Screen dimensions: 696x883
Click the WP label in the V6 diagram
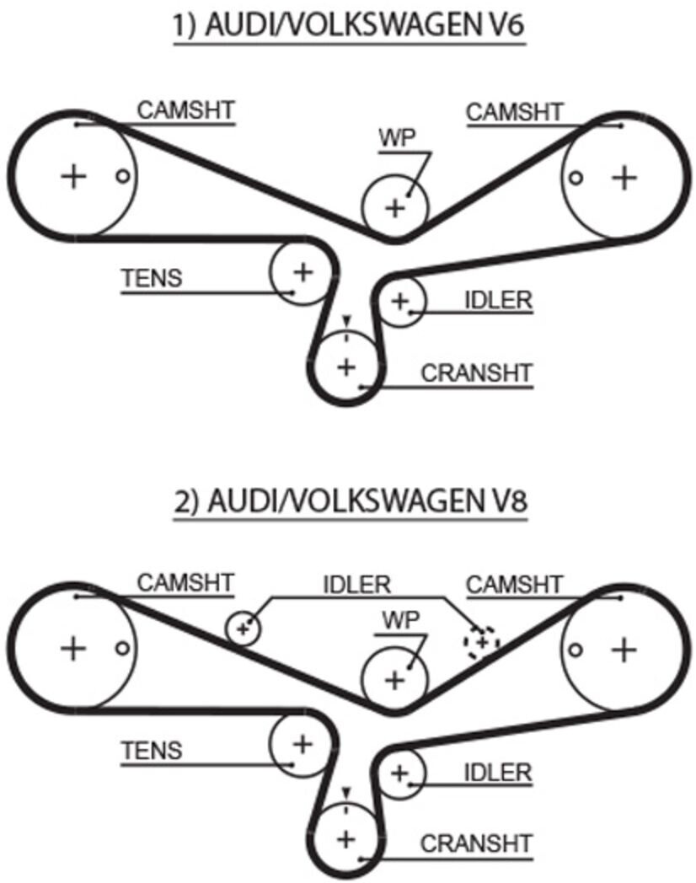(x=397, y=138)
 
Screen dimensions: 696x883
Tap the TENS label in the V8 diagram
(x=152, y=751)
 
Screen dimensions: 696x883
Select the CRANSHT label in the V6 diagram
(x=476, y=372)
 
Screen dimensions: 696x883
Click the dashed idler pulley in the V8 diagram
(x=481, y=642)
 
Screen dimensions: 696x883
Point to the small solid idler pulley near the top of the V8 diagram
(x=244, y=628)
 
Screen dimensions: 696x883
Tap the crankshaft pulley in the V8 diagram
(x=345, y=838)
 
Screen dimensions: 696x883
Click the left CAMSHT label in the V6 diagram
(x=185, y=110)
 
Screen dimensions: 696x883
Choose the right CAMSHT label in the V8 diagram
(x=514, y=585)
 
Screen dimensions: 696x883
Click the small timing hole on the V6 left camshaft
(x=123, y=176)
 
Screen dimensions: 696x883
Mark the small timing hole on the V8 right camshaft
(x=575, y=650)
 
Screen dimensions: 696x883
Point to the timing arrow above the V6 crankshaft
(x=346, y=320)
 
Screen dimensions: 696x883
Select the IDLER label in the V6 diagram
(x=498, y=300)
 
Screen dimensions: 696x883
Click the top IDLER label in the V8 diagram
(x=356, y=585)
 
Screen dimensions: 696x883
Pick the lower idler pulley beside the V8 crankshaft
(x=399, y=773)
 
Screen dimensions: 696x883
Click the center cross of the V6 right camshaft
(x=624, y=178)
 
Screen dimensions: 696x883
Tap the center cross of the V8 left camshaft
(x=73, y=648)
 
